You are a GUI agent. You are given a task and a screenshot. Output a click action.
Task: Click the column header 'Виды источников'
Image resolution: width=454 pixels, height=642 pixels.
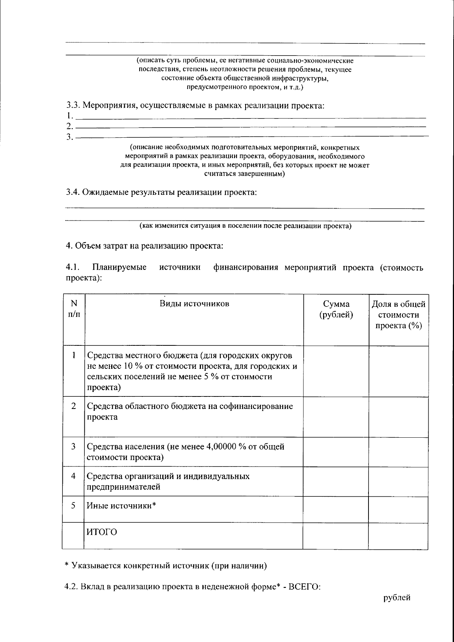click(x=194, y=303)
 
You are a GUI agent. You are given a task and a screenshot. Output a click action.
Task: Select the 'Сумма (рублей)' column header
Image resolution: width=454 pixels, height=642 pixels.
click(x=336, y=309)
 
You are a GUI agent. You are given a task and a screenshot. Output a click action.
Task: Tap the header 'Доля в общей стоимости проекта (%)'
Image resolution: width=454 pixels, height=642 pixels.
click(x=398, y=315)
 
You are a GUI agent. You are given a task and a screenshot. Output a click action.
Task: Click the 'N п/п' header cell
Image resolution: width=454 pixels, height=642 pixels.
click(x=73, y=308)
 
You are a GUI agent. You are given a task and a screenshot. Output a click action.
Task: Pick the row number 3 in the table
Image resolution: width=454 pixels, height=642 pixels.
click(x=73, y=446)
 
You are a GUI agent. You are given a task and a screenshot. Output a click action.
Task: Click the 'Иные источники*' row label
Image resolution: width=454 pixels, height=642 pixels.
click(x=121, y=505)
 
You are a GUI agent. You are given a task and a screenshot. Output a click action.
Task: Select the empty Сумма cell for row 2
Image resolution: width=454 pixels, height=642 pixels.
click(x=336, y=417)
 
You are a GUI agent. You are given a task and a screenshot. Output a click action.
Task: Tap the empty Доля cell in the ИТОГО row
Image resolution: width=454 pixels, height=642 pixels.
click(x=398, y=536)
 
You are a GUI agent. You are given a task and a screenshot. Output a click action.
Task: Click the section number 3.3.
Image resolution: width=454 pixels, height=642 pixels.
click(x=73, y=105)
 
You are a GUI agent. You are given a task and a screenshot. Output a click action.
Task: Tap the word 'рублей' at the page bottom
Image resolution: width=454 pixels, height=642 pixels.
click(x=396, y=598)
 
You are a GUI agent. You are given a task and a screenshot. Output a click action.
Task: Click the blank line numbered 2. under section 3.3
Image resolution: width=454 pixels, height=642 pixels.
click(x=250, y=126)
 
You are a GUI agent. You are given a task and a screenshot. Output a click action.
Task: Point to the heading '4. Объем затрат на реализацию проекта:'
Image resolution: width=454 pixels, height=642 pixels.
click(x=145, y=246)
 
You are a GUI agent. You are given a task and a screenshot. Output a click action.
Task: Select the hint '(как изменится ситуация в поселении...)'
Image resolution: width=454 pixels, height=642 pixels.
click(x=246, y=226)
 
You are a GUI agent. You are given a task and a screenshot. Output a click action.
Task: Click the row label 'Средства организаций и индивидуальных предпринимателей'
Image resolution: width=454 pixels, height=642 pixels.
click(x=168, y=481)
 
